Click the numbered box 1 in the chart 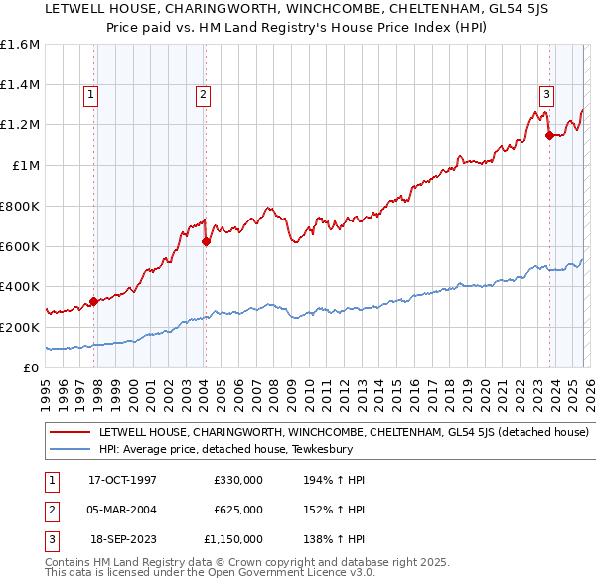[x=90, y=95]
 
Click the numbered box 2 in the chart [x=202, y=95]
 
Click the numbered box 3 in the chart [x=546, y=95]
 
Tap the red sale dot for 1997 [x=93, y=301]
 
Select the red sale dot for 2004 [x=206, y=241]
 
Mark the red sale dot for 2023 [x=549, y=136]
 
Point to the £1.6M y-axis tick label [x=20, y=45]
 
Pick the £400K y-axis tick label [x=20, y=286]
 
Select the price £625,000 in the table [x=238, y=510]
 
